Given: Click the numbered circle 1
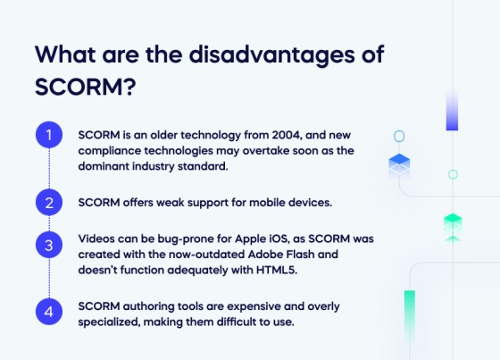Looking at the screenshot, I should pyautogui.click(x=49, y=136).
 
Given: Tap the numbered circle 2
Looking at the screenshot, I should pyautogui.click(x=49, y=202).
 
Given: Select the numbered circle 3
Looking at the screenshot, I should pyautogui.click(x=49, y=244).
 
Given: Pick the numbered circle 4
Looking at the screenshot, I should pyautogui.click(x=49, y=312).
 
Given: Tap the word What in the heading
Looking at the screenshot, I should pyautogui.click(x=67, y=54).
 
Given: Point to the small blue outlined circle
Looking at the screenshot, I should pyautogui.click(x=399, y=136).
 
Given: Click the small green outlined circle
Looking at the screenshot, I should pyautogui.click(x=453, y=174).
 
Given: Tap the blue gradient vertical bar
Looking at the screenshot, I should pyautogui.click(x=452, y=111).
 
